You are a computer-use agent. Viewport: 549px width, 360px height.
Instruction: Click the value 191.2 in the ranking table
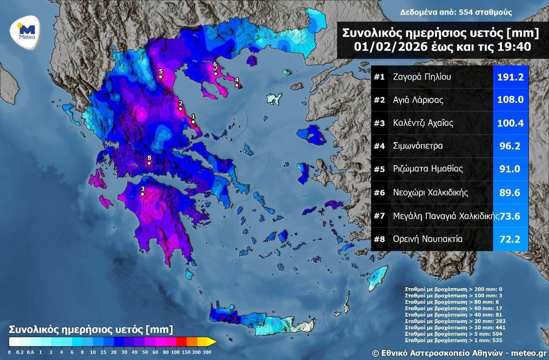click(x=511, y=77)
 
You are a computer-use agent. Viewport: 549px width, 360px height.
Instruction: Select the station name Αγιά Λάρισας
click(x=418, y=100)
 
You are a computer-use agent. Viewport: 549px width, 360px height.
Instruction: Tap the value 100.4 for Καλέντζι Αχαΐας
click(x=511, y=123)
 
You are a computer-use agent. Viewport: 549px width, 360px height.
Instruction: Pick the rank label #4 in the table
click(x=379, y=146)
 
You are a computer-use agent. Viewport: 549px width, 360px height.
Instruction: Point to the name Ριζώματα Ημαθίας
click(x=428, y=169)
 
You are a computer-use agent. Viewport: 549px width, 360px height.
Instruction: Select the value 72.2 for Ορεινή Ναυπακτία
click(x=511, y=239)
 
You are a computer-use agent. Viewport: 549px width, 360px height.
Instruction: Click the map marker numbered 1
click(x=193, y=122)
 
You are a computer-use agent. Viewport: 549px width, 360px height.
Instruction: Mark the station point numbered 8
click(x=149, y=163)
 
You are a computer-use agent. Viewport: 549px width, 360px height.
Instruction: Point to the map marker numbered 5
click(x=161, y=77)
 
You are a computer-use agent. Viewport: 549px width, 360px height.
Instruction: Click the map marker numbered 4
click(x=237, y=85)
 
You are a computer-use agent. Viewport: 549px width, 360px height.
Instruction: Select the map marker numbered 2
click(x=181, y=108)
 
